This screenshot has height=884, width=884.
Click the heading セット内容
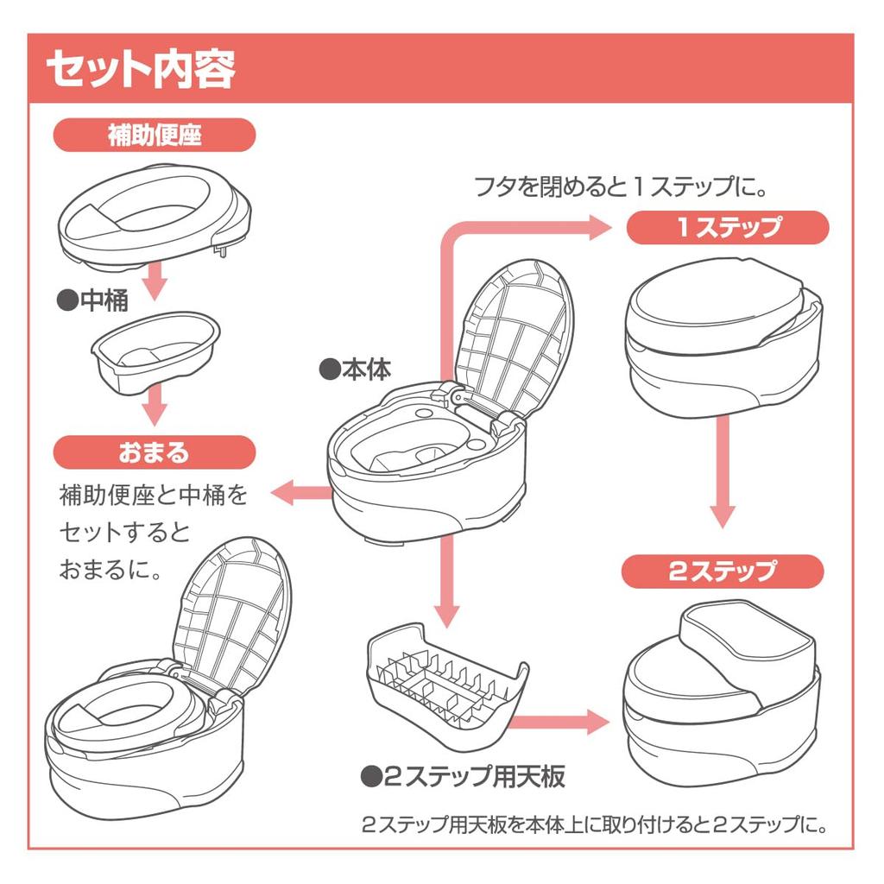141,69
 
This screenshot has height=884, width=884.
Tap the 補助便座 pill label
155,135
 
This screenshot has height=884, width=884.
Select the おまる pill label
155,451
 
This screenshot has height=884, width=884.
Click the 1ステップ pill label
727,228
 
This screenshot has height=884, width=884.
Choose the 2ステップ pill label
723,571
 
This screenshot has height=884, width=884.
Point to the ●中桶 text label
92,300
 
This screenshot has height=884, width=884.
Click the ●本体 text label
355,369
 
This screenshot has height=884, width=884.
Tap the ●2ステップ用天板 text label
463,776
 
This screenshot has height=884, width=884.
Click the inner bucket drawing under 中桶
155,352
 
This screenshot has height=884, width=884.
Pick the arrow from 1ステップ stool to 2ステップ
722,470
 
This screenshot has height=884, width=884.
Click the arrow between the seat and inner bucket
155,281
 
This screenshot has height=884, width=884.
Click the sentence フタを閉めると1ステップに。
621,186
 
